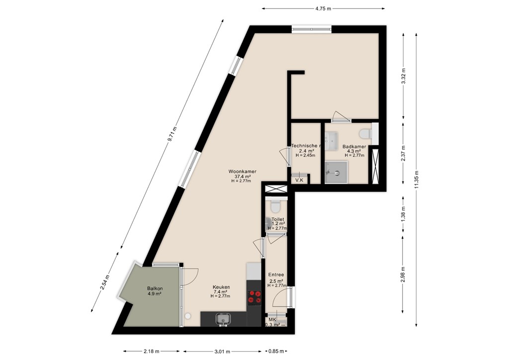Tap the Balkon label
click(x=155, y=288)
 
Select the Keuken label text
click(x=221, y=287)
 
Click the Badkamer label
click(x=354, y=147)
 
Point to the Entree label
click(x=276, y=274)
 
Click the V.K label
click(x=299, y=180)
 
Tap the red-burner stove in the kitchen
click(x=254, y=297)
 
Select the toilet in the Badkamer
click(x=365, y=134)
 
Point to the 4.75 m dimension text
click(x=323, y=8)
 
